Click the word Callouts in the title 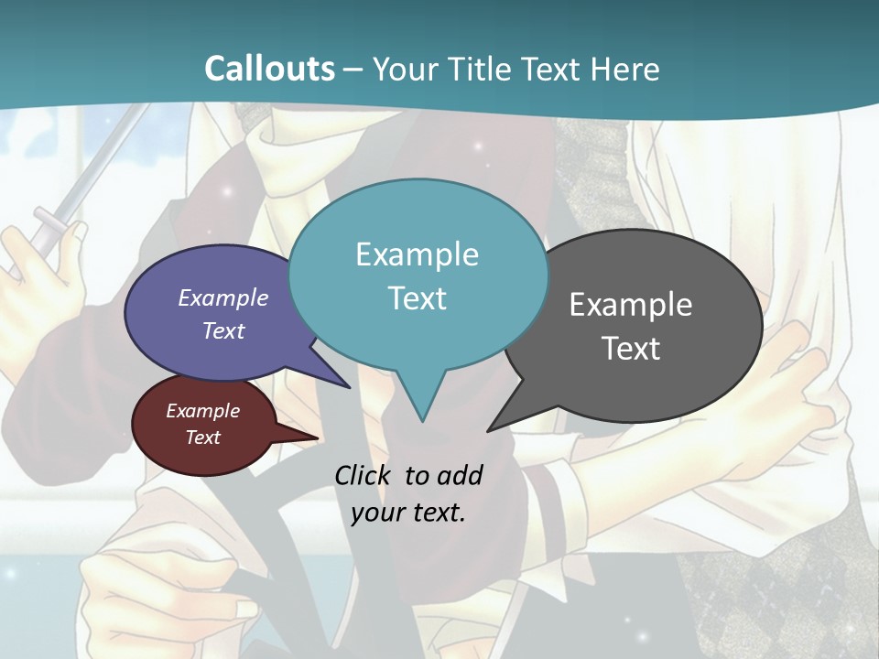tap(269, 69)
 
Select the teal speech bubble tap(418, 329)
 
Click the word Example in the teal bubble tap(417, 254)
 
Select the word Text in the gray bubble tap(630, 349)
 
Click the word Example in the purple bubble tap(222, 297)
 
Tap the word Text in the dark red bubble tap(202, 438)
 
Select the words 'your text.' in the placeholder tap(408, 513)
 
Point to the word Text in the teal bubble tap(417, 298)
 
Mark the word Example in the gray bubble tap(630, 305)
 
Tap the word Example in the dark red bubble tap(202, 411)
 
